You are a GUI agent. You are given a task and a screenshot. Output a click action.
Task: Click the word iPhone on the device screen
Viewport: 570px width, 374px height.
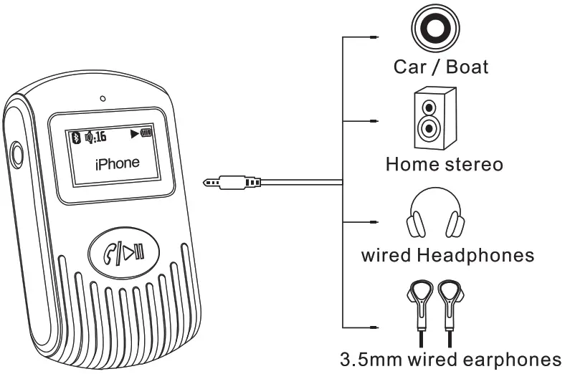point(118,163)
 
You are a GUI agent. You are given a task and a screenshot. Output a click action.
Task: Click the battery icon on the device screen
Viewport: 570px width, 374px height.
point(148,134)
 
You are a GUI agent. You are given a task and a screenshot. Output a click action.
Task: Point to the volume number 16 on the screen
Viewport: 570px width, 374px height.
point(99,135)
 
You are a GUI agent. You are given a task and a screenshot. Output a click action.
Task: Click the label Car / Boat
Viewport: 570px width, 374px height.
point(441,67)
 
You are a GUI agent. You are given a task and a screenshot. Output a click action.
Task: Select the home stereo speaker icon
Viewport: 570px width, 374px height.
point(433,118)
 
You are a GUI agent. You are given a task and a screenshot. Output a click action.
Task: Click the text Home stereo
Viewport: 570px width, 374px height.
point(444,163)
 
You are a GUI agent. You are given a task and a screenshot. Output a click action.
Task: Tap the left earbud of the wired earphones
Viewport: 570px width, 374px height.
point(418,295)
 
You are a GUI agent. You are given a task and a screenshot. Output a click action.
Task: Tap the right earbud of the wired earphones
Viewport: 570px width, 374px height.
point(451,295)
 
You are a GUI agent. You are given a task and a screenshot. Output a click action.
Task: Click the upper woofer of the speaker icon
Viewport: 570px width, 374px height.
point(429,107)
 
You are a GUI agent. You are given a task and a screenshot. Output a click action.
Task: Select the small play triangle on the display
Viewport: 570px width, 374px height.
point(134,134)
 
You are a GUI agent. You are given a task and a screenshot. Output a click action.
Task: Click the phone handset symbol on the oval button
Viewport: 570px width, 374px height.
point(111,252)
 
